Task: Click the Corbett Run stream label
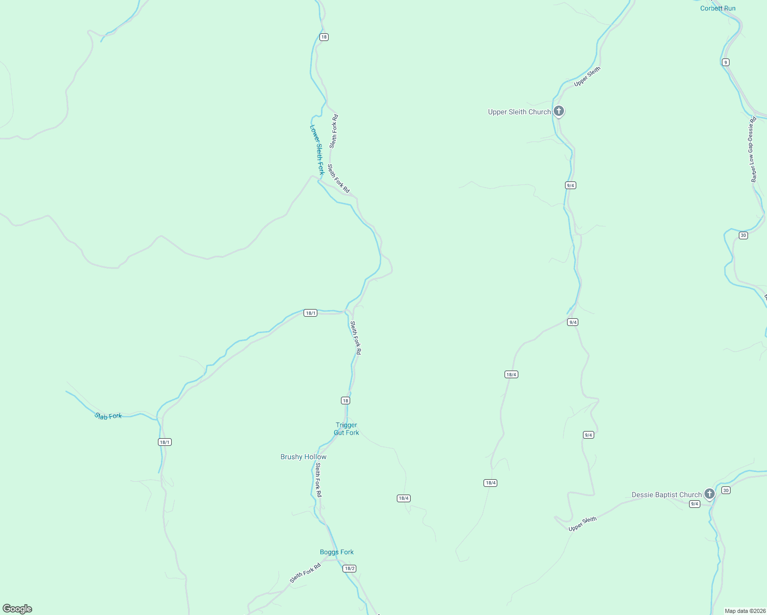click(x=718, y=8)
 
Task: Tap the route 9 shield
click(x=725, y=62)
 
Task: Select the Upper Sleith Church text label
click(x=519, y=112)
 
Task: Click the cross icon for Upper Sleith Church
click(x=559, y=111)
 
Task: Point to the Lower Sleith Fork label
click(x=317, y=150)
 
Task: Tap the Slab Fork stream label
click(x=108, y=416)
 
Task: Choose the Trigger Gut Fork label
click(x=347, y=429)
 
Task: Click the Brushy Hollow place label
click(x=304, y=457)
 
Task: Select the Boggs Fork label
click(x=337, y=552)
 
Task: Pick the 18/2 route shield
click(x=349, y=568)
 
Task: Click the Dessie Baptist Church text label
click(x=667, y=495)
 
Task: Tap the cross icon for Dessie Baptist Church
click(x=709, y=494)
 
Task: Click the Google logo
click(x=17, y=609)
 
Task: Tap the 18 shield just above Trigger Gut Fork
click(x=346, y=400)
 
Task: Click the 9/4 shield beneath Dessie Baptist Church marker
click(x=694, y=504)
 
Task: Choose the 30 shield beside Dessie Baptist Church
click(x=725, y=490)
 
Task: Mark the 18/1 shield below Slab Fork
click(x=165, y=442)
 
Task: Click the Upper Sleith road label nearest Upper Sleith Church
click(x=587, y=76)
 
